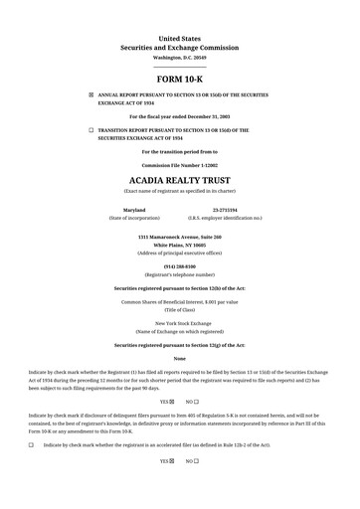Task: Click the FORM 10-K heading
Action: click(x=179, y=78)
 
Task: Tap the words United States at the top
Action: click(x=179, y=38)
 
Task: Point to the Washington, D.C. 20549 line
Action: click(x=179, y=58)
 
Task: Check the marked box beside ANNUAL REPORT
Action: click(x=90, y=94)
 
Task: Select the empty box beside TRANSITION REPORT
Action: click(x=90, y=130)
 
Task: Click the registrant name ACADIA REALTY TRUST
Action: click(x=179, y=180)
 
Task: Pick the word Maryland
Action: click(x=133, y=210)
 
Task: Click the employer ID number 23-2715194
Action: click(x=225, y=210)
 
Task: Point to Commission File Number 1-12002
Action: click(x=179, y=165)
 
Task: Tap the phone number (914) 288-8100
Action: click(x=179, y=266)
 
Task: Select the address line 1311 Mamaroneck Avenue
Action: click(x=179, y=237)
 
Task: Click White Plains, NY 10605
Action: click(x=179, y=245)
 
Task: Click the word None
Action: click(x=179, y=358)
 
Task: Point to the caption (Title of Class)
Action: click(x=179, y=309)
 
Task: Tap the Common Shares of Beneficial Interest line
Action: click(x=179, y=301)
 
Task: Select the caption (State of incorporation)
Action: click(x=133, y=218)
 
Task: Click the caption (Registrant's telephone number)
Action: click(x=179, y=274)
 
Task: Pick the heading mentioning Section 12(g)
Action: click(x=179, y=345)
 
